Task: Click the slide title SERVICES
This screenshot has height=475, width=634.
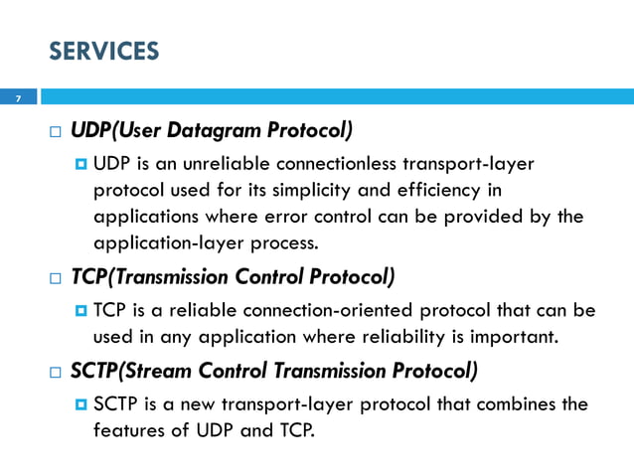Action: [104, 50]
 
